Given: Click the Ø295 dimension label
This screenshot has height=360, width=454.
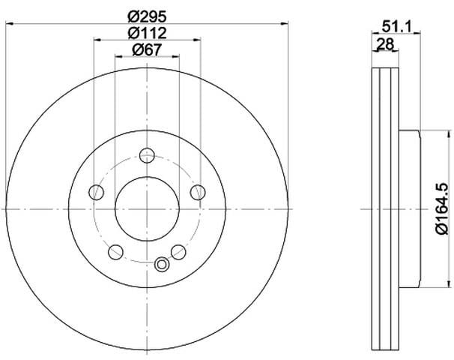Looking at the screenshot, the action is point(148,16).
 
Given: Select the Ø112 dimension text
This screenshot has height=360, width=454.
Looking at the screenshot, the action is point(148,33).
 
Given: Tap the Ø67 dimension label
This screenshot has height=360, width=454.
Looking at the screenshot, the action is point(147,49).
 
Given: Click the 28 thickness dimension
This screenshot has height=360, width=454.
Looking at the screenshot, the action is point(386,44).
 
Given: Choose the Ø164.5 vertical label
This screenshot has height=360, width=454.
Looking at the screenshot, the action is point(442,208).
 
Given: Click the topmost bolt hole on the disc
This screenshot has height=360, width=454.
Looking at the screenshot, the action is point(147,155).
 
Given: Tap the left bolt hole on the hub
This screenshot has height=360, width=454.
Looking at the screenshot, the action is point(96,192).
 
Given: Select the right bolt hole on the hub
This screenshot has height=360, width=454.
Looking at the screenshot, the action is point(198,192).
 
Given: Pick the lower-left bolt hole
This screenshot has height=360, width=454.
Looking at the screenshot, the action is point(115,252).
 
